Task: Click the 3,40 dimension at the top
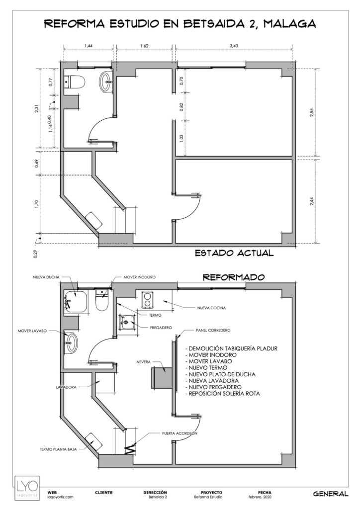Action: point(234,46)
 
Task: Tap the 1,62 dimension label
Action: point(144,46)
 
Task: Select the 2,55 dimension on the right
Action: point(312,112)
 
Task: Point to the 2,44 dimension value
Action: point(312,201)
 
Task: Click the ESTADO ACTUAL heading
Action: point(234,253)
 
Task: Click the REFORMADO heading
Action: point(234,277)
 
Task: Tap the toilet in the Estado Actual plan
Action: point(75,82)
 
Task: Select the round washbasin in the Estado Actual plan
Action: point(106,82)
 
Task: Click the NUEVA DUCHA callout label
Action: point(46,277)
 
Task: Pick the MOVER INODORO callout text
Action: point(139,277)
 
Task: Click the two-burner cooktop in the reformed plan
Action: point(147,300)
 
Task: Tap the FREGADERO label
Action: point(161,328)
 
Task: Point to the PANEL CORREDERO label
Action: point(213,330)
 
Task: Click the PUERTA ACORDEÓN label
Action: point(180,433)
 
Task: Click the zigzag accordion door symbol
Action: point(130,449)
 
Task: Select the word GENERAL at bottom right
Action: point(331,494)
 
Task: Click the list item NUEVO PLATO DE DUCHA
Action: point(222,374)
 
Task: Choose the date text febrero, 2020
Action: point(260,497)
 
